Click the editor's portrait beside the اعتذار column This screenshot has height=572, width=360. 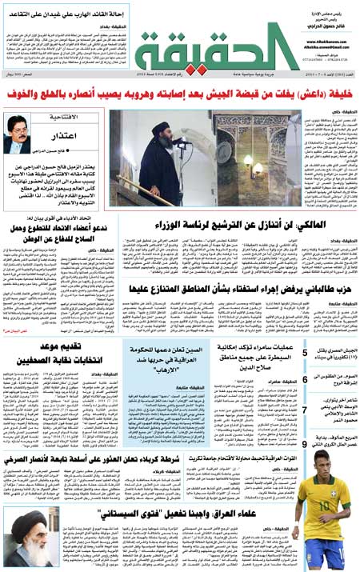click(18, 134)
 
